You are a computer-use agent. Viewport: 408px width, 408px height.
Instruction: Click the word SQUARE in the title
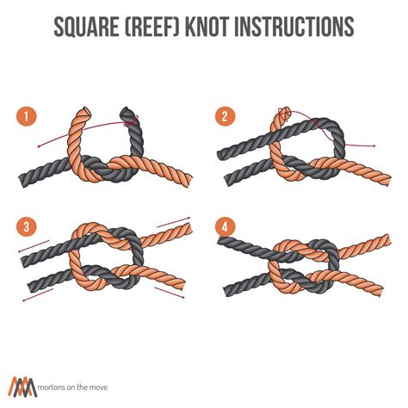click(x=86, y=27)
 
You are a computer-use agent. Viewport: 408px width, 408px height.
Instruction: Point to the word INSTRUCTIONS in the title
click(x=296, y=27)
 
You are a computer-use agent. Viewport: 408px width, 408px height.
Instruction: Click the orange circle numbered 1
click(x=27, y=117)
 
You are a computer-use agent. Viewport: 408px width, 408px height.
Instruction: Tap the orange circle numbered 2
click(x=225, y=116)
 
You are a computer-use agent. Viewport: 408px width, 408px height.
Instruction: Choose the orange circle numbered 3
click(x=27, y=226)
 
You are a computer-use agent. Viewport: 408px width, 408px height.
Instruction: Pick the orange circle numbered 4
click(x=225, y=226)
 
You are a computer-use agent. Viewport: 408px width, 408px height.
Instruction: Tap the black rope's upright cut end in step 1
click(x=127, y=112)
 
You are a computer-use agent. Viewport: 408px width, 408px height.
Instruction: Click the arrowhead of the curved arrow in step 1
click(x=38, y=146)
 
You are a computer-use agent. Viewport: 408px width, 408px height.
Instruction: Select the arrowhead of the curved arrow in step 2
click(x=374, y=146)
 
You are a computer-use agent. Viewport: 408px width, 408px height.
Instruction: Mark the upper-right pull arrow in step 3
click(x=173, y=223)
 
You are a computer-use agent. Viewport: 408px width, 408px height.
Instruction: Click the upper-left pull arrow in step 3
click(x=34, y=246)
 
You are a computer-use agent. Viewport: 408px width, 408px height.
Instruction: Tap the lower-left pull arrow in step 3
click(x=38, y=295)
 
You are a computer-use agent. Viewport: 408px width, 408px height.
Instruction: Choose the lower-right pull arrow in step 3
click(x=170, y=293)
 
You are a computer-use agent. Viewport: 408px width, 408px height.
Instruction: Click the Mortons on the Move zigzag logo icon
click(x=22, y=386)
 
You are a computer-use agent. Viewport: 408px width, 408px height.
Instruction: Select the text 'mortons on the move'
click(x=73, y=387)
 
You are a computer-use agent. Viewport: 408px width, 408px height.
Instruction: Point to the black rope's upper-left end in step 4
click(x=221, y=241)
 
